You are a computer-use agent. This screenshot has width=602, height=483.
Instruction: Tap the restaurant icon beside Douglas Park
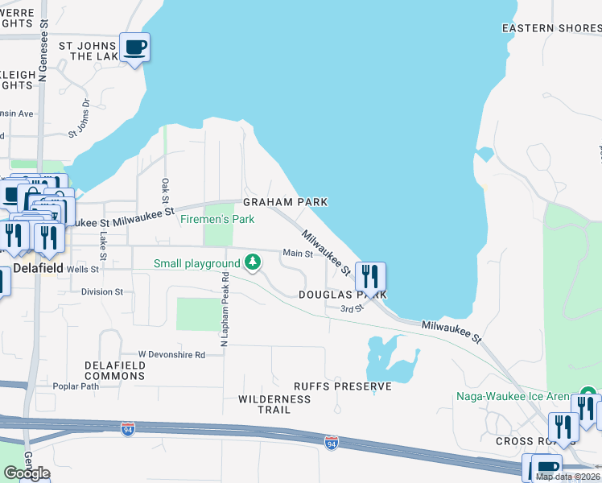(x=370, y=277)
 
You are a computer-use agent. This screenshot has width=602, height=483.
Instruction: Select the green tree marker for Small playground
(x=253, y=262)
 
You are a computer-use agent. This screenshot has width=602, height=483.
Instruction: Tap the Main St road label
(x=296, y=254)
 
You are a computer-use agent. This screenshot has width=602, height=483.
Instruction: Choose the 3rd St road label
(x=347, y=308)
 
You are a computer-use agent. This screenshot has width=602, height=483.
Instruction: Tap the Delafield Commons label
(x=115, y=370)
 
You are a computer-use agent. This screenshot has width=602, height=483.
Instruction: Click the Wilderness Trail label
(x=274, y=404)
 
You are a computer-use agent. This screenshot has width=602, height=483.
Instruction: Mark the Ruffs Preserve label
(x=342, y=386)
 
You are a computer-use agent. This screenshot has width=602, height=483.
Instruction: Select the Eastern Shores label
(x=550, y=28)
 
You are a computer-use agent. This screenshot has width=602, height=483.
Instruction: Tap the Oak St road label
(x=165, y=191)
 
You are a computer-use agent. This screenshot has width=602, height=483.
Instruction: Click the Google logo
(x=26, y=473)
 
